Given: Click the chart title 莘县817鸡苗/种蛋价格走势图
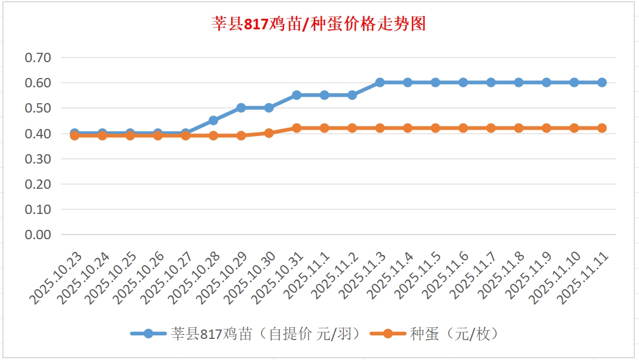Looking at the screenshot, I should (319, 25).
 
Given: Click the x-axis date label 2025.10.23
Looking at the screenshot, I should (57, 279).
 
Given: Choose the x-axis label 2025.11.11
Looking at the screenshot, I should (584, 279).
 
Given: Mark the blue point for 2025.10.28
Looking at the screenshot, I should (214, 120).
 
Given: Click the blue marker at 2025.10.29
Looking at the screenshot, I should (241, 108).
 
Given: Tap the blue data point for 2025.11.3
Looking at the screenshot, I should (380, 83).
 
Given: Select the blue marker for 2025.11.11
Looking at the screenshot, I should (602, 83).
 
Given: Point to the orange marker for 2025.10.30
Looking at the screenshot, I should (269, 133).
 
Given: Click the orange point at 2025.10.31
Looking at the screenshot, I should (296, 128).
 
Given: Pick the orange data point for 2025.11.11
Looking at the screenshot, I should (602, 128).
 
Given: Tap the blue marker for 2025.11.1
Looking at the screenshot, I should (324, 95).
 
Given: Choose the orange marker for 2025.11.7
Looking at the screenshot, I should (491, 128).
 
